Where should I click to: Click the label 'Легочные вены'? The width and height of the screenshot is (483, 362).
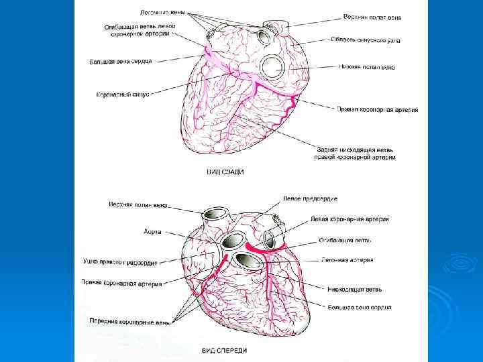(x=162, y=12)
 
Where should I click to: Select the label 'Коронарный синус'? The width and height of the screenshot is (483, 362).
(x=123, y=95)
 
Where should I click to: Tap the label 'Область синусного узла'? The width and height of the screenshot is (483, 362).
(x=366, y=40)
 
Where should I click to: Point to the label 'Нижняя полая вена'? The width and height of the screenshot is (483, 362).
(x=366, y=68)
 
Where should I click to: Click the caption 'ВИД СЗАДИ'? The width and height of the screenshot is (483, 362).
(x=224, y=172)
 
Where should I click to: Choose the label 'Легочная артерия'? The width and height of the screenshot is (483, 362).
(x=347, y=259)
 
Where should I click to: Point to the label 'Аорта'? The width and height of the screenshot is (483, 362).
(x=152, y=231)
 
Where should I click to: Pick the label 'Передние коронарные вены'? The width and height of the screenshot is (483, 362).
(x=130, y=321)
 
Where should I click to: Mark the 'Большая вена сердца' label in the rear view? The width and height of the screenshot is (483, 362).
(x=121, y=62)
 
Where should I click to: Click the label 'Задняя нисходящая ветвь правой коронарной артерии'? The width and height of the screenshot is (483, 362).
(x=355, y=153)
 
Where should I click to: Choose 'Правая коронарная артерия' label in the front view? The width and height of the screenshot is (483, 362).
(x=121, y=284)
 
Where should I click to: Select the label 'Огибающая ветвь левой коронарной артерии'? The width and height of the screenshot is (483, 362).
(x=140, y=29)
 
